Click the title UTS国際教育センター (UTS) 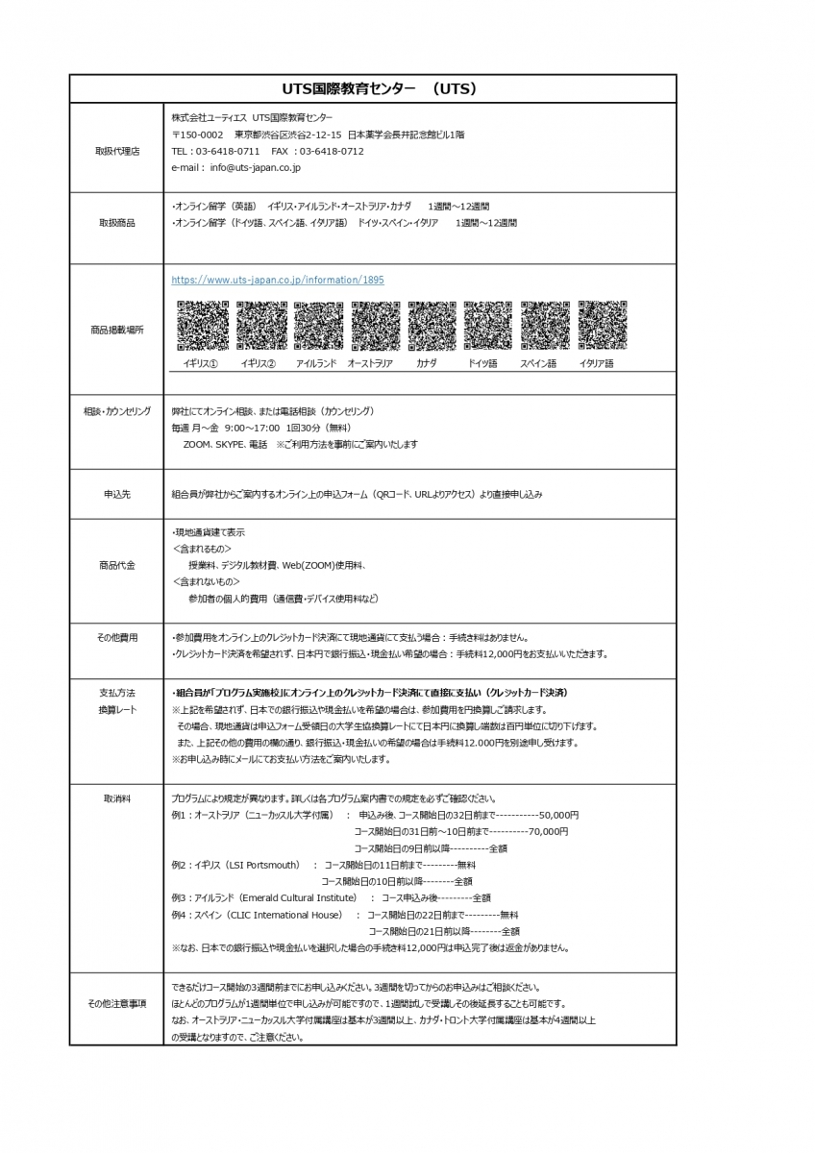click(373, 88)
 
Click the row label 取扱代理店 click(117, 152)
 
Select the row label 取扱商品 click(117, 222)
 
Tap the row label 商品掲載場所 click(117, 330)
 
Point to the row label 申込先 click(117, 494)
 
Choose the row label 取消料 click(117, 798)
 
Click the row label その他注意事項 click(117, 1004)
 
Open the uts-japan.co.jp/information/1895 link click(278, 280)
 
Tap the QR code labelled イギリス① click(203, 326)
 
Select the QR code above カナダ click(432, 326)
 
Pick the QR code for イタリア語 click(603, 326)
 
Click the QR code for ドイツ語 click(488, 326)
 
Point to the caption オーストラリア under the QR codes click(370, 364)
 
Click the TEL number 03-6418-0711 click(228, 152)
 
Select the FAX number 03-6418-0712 click(332, 152)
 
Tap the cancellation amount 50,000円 click(559, 814)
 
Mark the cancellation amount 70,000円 click(548, 831)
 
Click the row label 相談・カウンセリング click(117, 411)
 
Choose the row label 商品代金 click(117, 565)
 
